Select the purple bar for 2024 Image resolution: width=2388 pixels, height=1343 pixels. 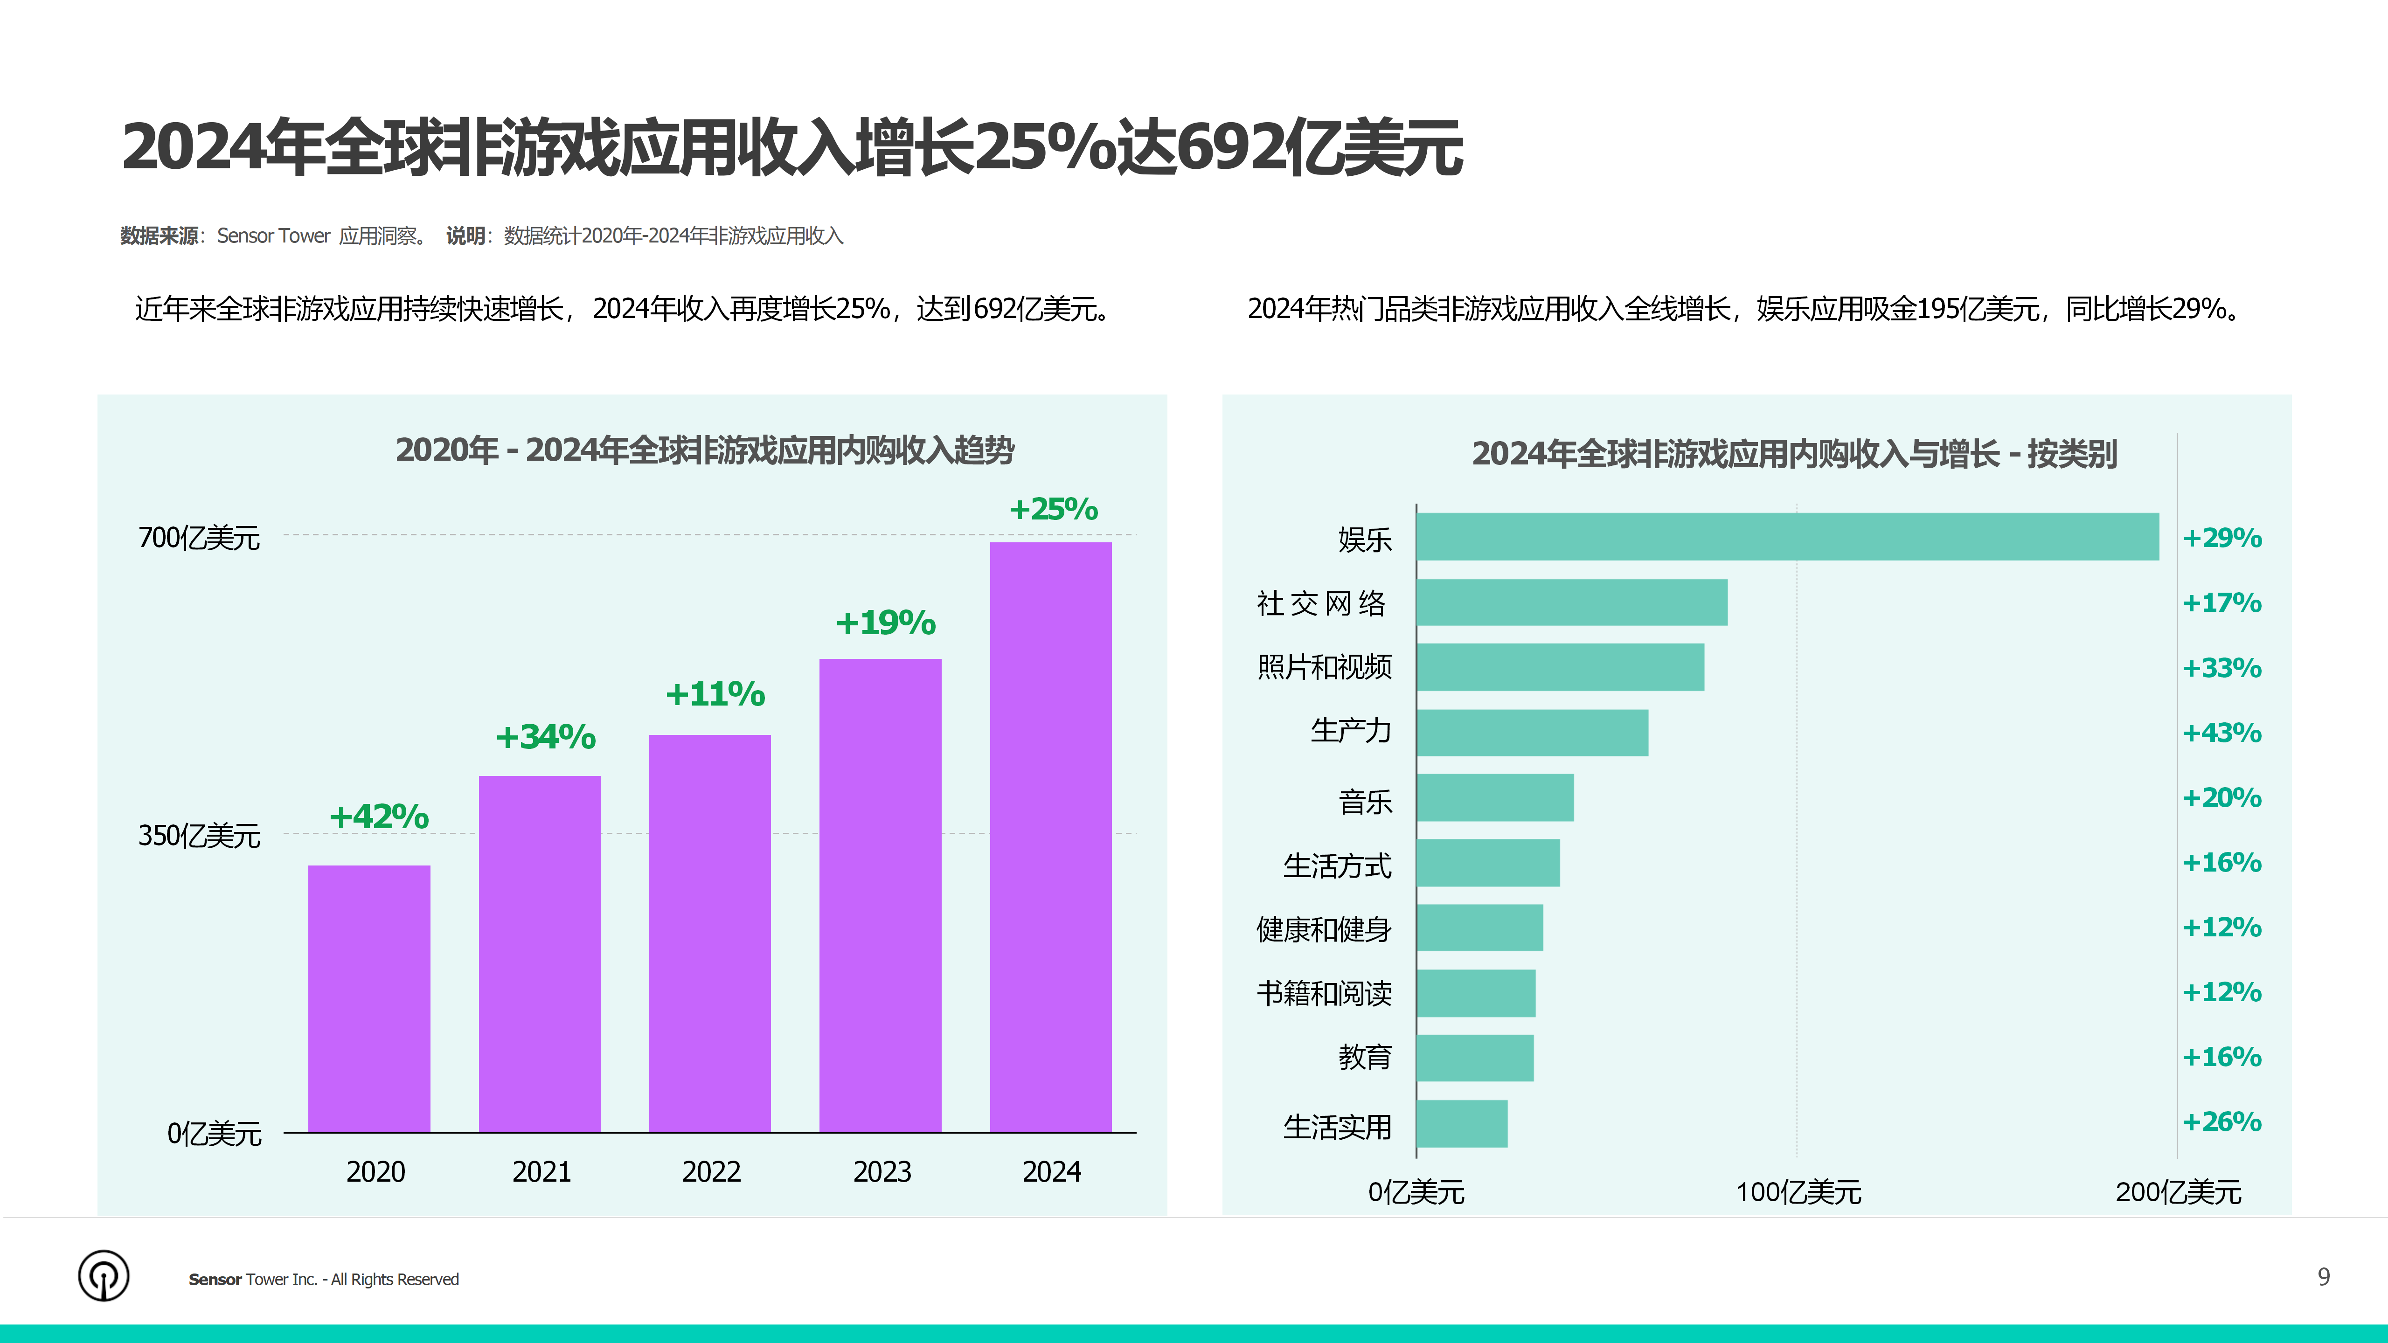[x=1050, y=837]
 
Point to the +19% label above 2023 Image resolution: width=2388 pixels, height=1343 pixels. [x=885, y=623]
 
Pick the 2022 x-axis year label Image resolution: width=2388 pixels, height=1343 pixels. [x=711, y=1171]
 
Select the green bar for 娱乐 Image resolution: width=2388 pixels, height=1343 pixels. [x=1786, y=537]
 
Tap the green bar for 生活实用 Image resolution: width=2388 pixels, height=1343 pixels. [x=1461, y=1123]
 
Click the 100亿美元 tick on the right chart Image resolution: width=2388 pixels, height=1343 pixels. [x=1798, y=1192]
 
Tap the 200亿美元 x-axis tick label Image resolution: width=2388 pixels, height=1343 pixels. [x=2178, y=1192]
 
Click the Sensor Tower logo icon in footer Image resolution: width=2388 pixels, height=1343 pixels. [x=104, y=1276]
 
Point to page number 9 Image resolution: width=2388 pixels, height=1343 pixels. [x=2323, y=1277]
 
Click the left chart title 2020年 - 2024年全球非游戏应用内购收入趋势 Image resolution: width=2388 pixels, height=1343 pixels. [x=705, y=450]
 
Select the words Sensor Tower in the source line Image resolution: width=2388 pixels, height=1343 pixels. [x=273, y=236]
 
